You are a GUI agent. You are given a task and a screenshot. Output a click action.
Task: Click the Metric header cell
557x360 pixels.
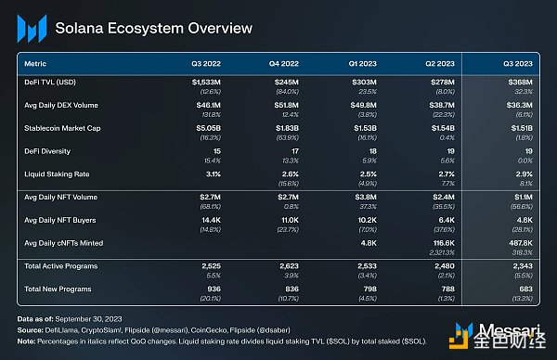[36, 64]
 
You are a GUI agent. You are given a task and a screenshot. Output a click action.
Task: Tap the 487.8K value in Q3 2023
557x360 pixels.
[522, 242]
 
